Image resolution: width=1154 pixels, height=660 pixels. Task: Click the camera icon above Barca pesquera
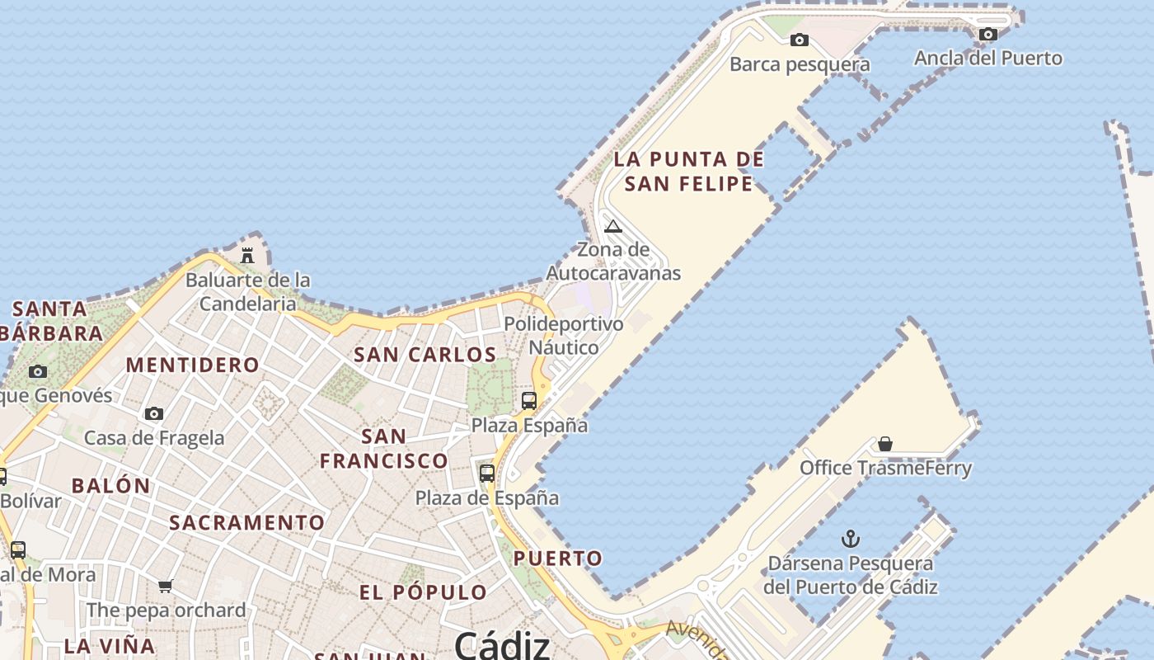coord(799,40)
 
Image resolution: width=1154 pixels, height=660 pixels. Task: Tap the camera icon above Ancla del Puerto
coord(987,34)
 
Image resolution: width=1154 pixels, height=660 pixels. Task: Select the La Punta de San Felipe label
coord(689,171)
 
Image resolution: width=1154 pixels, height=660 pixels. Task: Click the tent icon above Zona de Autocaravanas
coord(612,226)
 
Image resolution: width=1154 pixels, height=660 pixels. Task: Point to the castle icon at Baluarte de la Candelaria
coord(247,256)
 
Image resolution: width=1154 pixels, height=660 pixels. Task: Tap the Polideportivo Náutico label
coord(564,335)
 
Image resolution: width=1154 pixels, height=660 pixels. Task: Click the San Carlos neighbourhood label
coord(425,355)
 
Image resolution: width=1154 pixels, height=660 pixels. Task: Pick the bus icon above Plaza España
coord(529,401)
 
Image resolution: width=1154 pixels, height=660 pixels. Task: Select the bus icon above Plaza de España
coord(487,474)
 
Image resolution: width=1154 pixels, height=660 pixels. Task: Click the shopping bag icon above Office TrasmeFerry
coord(884,445)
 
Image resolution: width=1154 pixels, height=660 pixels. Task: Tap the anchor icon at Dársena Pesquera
coord(850,540)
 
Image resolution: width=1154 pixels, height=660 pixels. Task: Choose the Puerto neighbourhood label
coord(558,559)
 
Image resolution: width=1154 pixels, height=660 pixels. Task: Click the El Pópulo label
coord(423,592)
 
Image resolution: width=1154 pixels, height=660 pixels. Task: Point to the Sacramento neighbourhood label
coord(246,522)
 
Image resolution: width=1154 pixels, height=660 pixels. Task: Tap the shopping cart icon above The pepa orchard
coord(166,587)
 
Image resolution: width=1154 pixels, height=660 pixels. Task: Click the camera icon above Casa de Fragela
coord(154,413)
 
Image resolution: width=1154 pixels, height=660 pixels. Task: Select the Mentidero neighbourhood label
coord(192,365)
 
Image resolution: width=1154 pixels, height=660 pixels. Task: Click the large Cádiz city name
coord(501,644)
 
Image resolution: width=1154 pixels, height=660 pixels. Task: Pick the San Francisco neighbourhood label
coord(384,448)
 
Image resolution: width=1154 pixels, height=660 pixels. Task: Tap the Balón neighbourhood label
coord(111,485)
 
